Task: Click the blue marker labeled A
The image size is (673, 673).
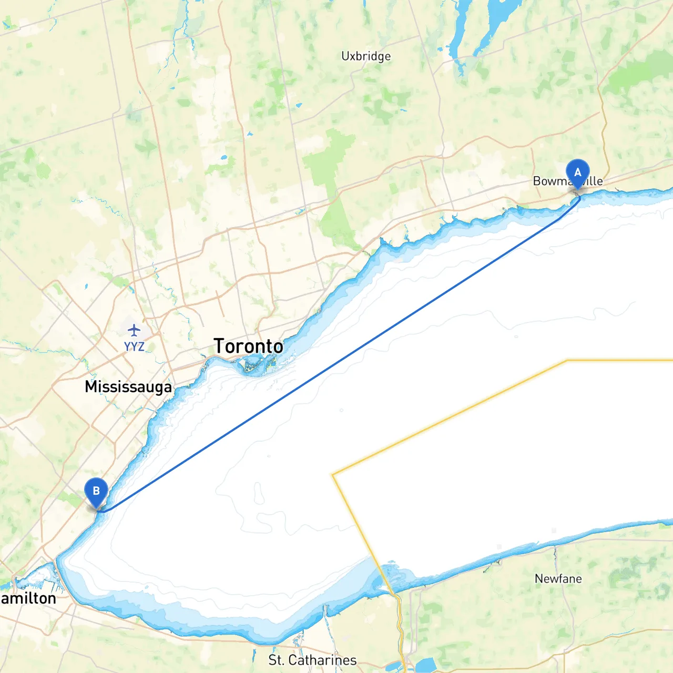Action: (x=577, y=173)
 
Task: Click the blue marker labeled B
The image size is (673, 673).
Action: (x=96, y=492)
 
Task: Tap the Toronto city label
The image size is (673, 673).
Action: (x=248, y=346)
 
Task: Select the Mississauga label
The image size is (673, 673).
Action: (x=128, y=387)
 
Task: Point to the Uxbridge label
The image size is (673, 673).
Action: (x=366, y=56)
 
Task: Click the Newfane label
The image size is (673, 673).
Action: (x=558, y=579)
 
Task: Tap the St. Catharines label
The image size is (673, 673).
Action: (x=312, y=660)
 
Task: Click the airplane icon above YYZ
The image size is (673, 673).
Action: (x=134, y=330)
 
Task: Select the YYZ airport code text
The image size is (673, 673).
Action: (x=134, y=346)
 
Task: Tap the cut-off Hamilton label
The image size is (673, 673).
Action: (x=28, y=599)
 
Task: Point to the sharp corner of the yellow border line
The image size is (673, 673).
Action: (x=333, y=474)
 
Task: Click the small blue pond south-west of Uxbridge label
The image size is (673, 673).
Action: (x=299, y=105)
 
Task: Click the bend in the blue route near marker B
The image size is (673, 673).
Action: (x=105, y=511)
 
